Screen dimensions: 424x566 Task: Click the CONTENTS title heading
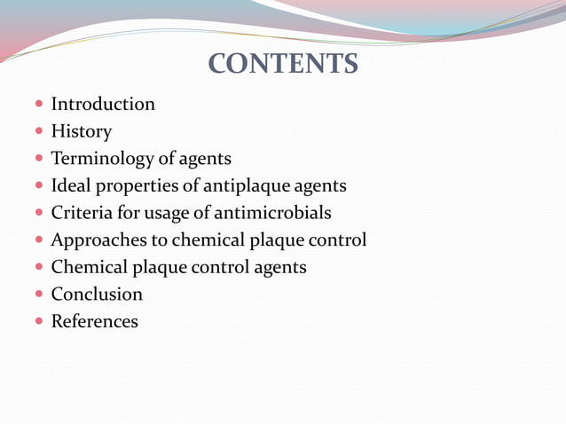tap(283, 64)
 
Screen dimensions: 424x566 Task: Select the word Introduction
tap(103, 105)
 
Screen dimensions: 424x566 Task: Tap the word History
tap(82, 132)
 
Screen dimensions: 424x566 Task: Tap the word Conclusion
tap(97, 294)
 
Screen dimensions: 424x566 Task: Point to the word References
tap(95, 322)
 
